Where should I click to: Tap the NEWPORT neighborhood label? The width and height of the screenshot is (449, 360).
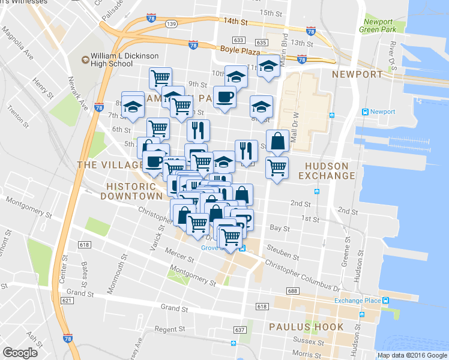357,74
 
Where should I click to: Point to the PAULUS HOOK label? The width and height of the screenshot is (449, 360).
306,328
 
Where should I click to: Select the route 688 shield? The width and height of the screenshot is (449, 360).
292,291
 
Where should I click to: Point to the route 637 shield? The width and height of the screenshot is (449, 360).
240,330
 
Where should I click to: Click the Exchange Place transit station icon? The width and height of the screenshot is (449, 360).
385,301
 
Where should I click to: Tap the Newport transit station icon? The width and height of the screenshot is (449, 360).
364,112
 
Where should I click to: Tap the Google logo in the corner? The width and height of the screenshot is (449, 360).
20,353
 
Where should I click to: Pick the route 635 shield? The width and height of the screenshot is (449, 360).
261,43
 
